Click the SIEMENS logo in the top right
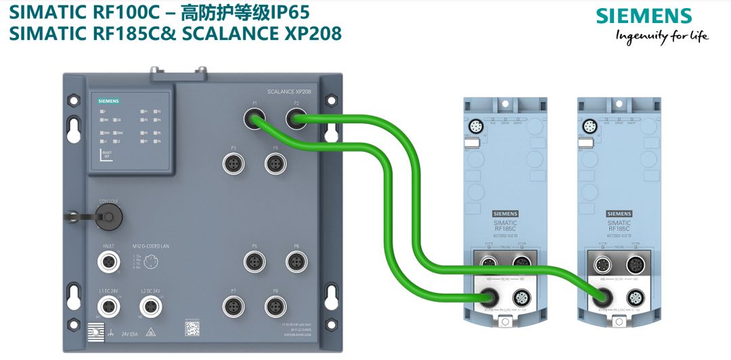644,16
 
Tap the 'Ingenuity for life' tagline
661,37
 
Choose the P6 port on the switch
296,261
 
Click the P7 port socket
234,306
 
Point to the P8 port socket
275,306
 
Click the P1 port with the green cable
254,120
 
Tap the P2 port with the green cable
296,120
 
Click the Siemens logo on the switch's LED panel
108,101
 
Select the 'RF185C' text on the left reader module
504,229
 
